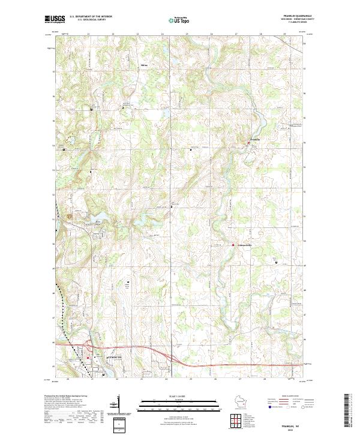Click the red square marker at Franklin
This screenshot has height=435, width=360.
(x=250, y=142)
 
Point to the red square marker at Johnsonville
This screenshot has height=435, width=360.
(x=233, y=244)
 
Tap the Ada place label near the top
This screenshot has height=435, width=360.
(x=143, y=64)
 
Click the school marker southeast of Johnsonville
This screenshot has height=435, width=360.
(x=276, y=263)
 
